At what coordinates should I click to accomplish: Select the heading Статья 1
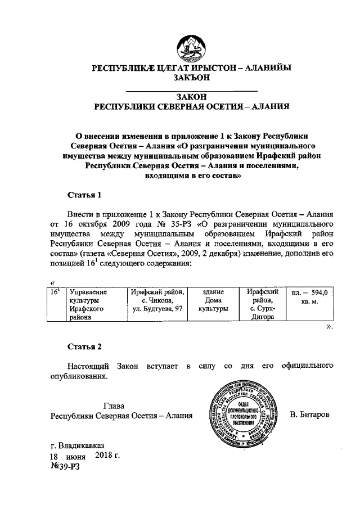pos(84,196)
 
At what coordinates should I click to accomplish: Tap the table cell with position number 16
pos(55,292)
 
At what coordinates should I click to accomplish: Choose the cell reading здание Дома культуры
pos(213,301)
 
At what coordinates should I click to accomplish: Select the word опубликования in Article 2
pos(79,376)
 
